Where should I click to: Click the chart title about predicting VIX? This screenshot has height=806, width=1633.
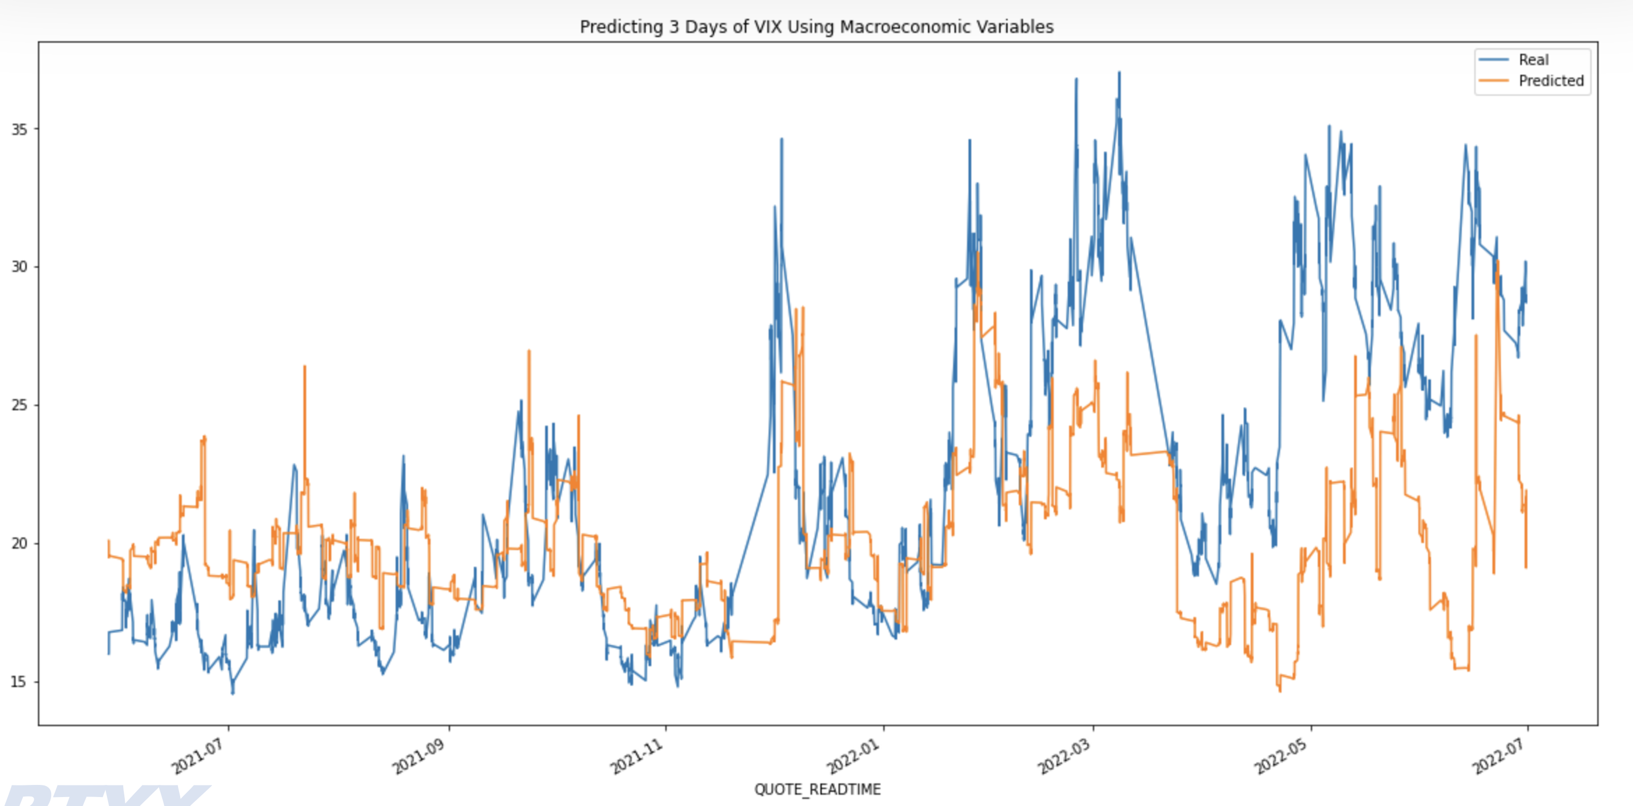click(x=816, y=27)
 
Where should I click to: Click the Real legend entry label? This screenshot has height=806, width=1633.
click(x=1533, y=60)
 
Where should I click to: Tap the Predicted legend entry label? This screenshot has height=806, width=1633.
click(x=1551, y=81)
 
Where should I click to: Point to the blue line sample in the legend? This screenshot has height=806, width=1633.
click(x=1493, y=60)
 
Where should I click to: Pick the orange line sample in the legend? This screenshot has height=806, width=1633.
click(x=1493, y=81)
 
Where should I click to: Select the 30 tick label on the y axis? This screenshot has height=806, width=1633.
click(x=19, y=267)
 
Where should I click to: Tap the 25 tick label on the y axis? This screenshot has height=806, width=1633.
click(x=19, y=405)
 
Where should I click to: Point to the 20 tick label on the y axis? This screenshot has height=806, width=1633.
click(x=19, y=544)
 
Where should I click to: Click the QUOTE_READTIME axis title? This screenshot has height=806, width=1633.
click(x=817, y=790)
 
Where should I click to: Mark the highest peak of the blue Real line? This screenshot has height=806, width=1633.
click(x=1119, y=73)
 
